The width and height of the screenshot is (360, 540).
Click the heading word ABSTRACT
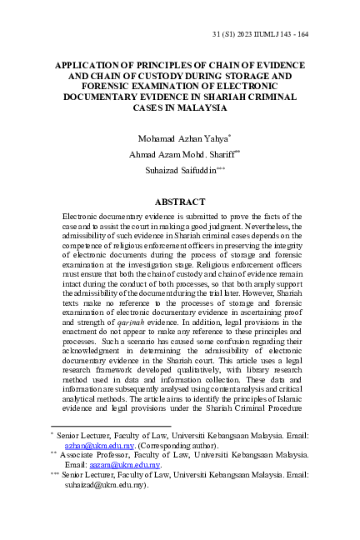[x=179, y=202]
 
